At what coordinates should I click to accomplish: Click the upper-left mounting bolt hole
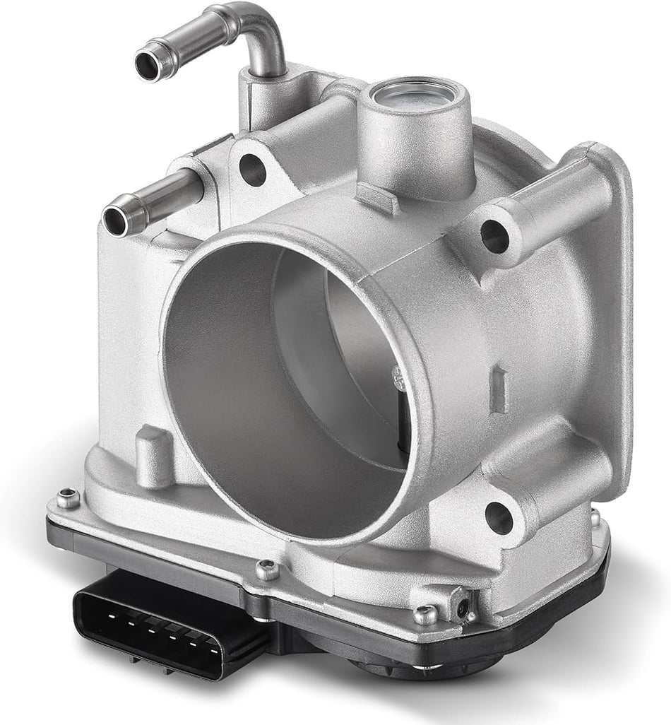click(x=252, y=169)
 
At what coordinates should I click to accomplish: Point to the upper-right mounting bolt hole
click(x=495, y=237)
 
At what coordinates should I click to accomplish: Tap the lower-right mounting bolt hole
click(x=499, y=518)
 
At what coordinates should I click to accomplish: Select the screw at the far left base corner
click(x=68, y=499)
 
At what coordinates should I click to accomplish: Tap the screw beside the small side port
click(x=426, y=615)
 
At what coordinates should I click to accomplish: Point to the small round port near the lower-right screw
click(x=463, y=606)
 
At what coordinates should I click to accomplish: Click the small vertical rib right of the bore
click(x=499, y=389)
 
